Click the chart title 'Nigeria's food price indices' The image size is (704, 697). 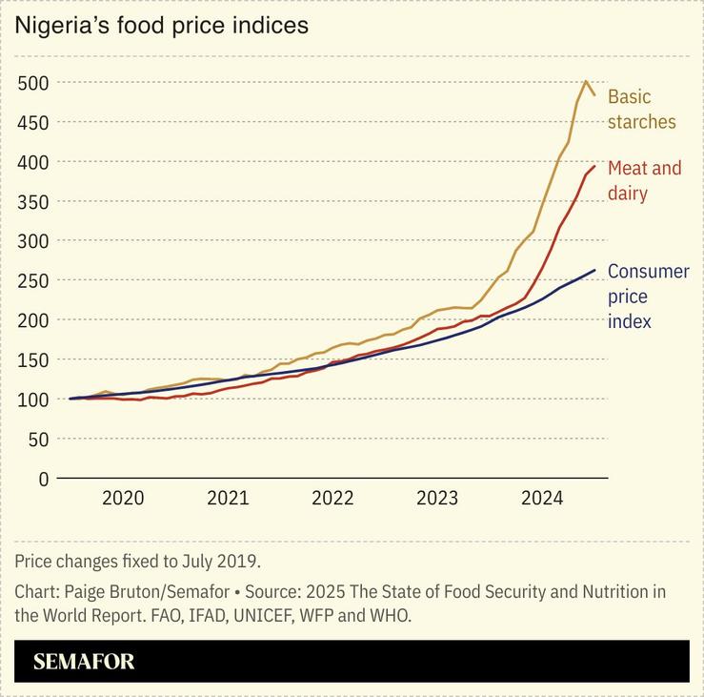click(161, 26)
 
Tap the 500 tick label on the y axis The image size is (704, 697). click(33, 82)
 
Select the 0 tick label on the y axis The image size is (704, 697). click(43, 479)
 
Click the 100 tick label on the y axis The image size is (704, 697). click(33, 400)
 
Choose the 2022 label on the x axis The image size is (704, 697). click(332, 498)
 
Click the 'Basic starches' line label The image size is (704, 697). click(641, 109)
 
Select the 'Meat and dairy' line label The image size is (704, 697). click(645, 180)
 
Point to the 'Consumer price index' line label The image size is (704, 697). click(648, 296)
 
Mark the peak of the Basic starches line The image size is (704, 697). click(585, 81)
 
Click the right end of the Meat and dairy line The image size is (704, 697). click(594, 166)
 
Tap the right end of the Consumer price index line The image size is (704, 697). click(594, 270)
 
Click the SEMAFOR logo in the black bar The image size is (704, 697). click(84, 662)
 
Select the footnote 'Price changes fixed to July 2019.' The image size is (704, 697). click(137, 560)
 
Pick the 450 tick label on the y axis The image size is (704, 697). click(33, 122)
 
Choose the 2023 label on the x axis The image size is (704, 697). click(437, 498)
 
